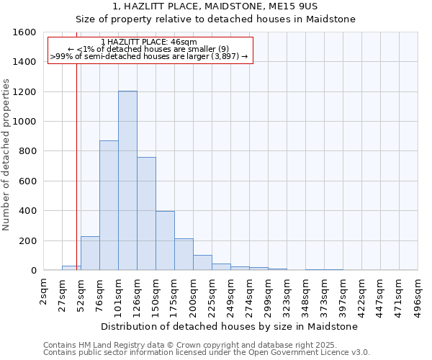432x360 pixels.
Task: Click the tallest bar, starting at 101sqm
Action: click(127, 180)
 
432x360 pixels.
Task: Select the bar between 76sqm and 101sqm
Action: click(109, 205)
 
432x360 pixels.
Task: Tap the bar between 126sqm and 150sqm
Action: click(146, 213)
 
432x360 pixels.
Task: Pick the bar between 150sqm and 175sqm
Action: click(165, 240)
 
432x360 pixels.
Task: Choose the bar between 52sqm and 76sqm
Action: click(90, 253)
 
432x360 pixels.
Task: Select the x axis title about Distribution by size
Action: click(230, 326)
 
